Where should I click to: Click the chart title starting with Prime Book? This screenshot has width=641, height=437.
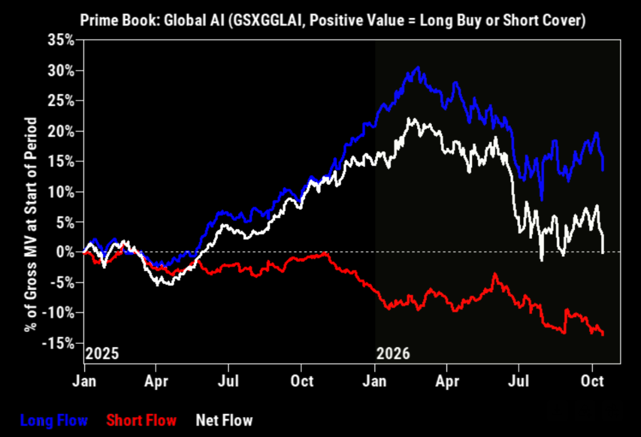tap(333, 20)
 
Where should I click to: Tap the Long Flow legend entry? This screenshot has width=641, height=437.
tap(54, 420)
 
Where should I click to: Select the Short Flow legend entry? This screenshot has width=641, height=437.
tap(141, 420)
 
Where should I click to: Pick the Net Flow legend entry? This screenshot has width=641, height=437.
tap(225, 420)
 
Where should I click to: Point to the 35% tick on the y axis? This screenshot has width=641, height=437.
tap(61, 40)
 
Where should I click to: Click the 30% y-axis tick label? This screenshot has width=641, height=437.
tap(61, 71)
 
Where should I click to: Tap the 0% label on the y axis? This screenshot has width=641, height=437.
tap(65, 252)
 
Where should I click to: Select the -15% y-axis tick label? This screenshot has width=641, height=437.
tap(58, 343)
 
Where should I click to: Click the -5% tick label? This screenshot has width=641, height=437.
tap(62, 283)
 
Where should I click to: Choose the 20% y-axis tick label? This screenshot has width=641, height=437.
tap(61, 131)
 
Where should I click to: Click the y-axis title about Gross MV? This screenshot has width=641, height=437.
tap(31, 224)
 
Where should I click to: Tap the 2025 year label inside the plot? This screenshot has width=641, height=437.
tap(102, 353)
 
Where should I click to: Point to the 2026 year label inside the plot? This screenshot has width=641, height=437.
tap(393, 353)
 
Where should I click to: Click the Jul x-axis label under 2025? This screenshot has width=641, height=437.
tap(228, 381)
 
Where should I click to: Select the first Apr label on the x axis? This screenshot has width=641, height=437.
tap(156, 381)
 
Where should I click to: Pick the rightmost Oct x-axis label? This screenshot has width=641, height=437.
tap(592, 381)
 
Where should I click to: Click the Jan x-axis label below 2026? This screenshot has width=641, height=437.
tap(374, 381)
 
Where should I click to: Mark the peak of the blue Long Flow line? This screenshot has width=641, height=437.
tap(418, 67)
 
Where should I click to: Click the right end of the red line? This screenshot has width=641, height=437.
tap(603, 334)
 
